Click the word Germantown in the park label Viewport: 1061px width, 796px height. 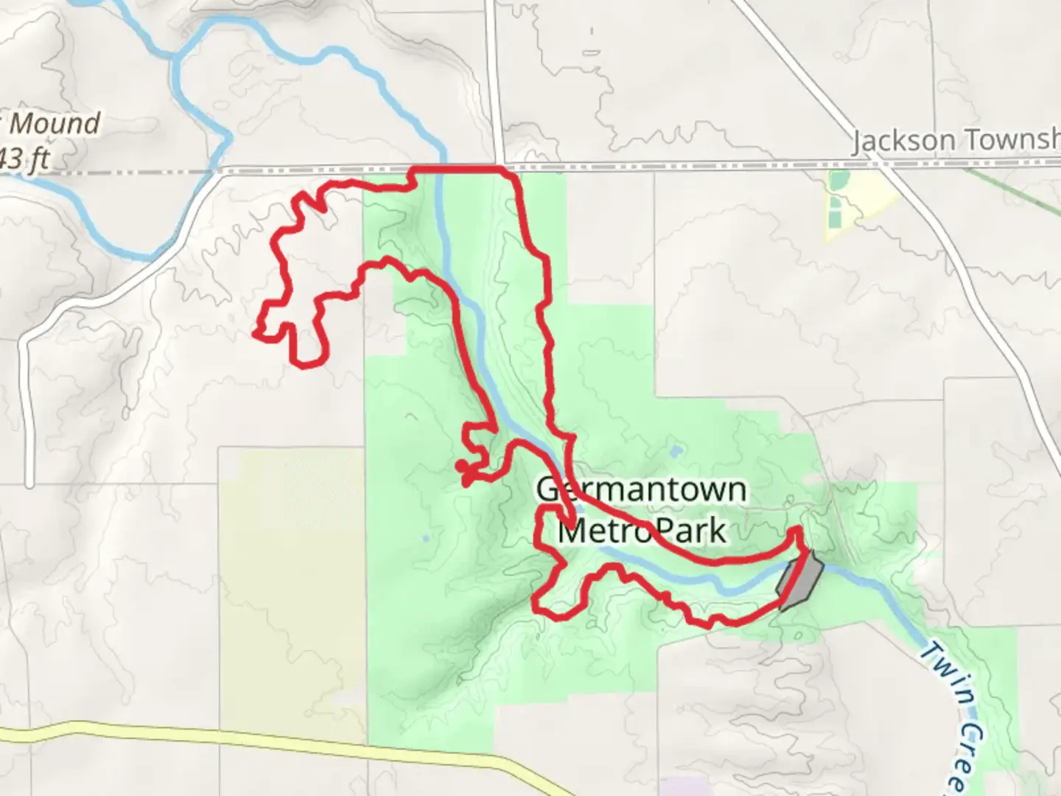point(641,490)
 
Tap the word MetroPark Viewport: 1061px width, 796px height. point(641,531)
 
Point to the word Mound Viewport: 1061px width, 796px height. point(55,124)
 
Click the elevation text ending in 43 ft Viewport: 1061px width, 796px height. point(26,158)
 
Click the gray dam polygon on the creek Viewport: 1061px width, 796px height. point(800,580)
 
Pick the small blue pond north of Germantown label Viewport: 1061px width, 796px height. point(676,449)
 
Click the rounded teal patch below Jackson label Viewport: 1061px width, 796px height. point(837,180)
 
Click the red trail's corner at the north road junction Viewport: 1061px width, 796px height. point(505,170)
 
